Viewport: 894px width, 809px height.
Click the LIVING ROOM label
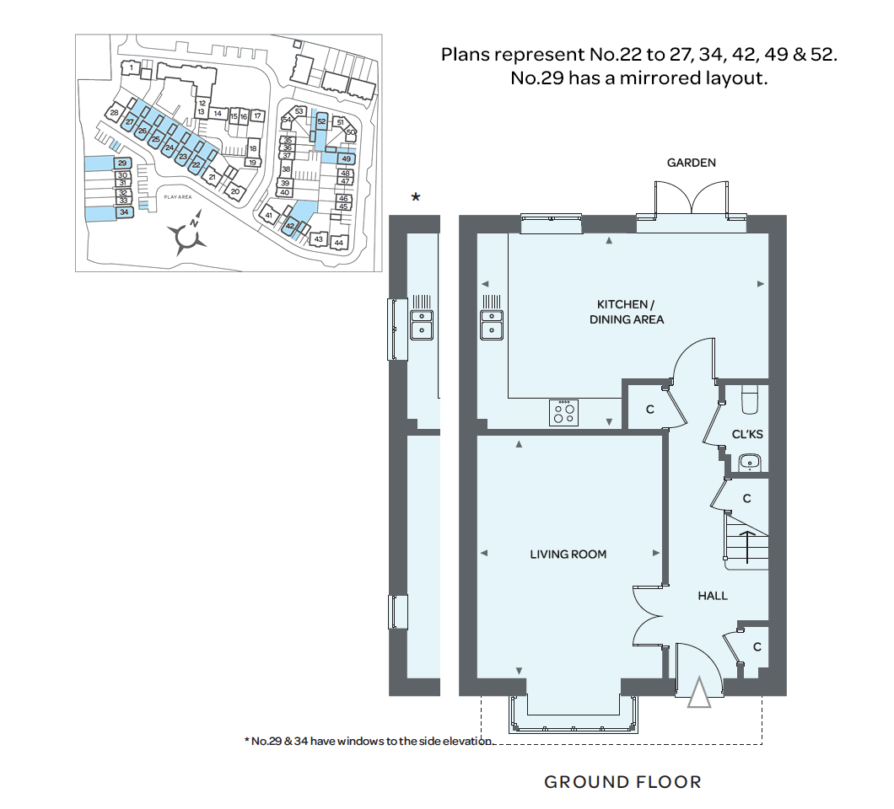coord(568,555)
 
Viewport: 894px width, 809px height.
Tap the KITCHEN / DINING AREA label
coord(626,312)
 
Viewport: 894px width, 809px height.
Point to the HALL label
coord(712,596)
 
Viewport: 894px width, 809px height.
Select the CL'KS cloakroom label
coord(747,434)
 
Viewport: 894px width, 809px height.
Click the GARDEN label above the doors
coord(691,163)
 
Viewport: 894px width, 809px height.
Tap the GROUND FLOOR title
coord(622,782)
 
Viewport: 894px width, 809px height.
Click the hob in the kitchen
coord(564,412)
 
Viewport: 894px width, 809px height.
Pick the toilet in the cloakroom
coord(749,399)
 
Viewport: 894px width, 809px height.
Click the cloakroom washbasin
coord(749,463)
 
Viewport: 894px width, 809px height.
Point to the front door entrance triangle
coord(699,693)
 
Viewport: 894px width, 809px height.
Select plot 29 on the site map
coord(122,163)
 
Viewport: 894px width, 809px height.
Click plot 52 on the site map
coord(321,121)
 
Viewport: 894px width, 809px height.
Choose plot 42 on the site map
coord(290,226)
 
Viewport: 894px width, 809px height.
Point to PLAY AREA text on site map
coord(178,197)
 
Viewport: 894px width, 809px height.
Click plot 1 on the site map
coord(131,67)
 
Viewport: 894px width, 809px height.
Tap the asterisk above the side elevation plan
coord(416,197)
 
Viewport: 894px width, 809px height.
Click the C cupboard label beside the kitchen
coord(649,409)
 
